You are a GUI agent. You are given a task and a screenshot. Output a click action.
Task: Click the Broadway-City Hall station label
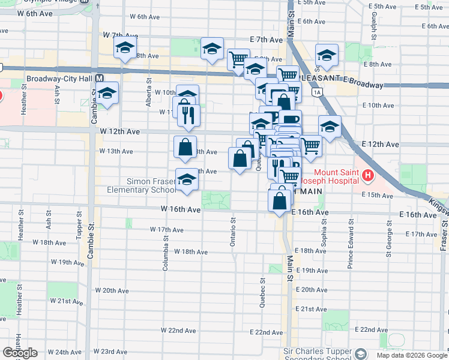(60, 79)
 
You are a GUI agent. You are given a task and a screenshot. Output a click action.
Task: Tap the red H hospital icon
(368, 176)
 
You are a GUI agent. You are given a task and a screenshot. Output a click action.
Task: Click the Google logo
(19, 353)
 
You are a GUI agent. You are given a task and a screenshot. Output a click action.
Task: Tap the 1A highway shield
(316, 92)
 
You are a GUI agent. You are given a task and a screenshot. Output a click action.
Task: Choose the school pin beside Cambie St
(107, 94)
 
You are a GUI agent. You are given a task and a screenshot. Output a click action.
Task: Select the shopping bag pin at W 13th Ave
(185, 147)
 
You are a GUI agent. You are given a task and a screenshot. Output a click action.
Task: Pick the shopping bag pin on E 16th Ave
(280, 200)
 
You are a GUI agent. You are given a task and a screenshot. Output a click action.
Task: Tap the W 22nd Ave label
(178, 331)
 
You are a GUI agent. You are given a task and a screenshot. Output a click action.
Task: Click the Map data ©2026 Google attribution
(411, 355)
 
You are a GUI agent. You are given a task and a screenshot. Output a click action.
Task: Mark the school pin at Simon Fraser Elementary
(187, 179)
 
